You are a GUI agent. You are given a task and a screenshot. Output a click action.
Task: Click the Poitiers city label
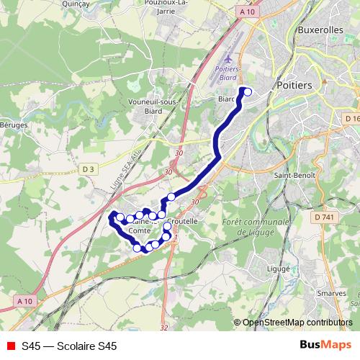tap(294, 85)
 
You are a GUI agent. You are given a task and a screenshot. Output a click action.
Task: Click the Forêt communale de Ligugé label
tap(251, 228)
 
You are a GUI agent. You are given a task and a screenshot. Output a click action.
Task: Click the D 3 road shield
tap(89, 168)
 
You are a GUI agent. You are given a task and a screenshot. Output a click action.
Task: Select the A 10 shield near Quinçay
tap(246, 12)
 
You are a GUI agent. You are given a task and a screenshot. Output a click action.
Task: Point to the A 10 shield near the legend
tap(25, 300)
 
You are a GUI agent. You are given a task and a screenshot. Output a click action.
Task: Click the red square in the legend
tap(10, 346)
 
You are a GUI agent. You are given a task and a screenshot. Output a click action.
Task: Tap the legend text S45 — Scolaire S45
tap(69, 346)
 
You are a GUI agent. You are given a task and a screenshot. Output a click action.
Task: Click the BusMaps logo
tap(325, 346)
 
